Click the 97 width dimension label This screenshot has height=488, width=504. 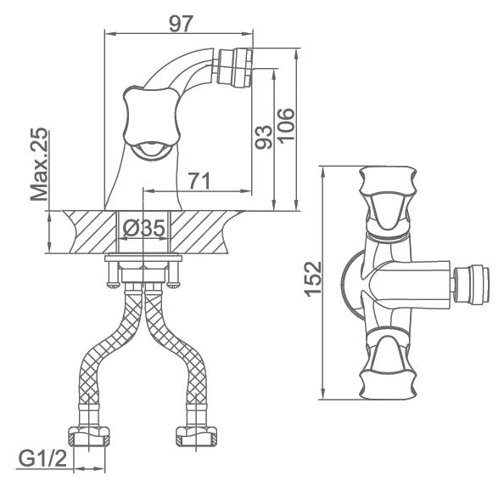181,24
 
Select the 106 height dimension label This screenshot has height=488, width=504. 286,124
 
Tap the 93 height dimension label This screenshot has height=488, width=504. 264,137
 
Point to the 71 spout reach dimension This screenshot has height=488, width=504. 199,181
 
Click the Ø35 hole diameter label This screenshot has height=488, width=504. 143,228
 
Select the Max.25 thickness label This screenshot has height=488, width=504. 39,164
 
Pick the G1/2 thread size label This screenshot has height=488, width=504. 42,459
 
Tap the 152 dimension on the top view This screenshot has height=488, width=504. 313,279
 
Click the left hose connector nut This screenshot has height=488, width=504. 89,436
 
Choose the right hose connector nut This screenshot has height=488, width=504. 197,436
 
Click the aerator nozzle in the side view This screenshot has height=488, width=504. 235,67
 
